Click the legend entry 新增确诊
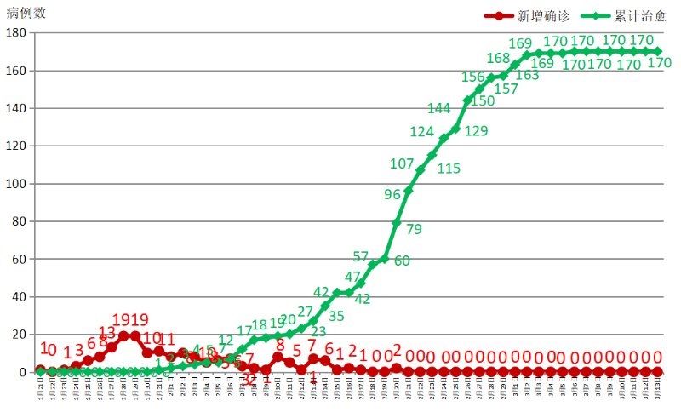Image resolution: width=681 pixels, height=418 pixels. point(543,16)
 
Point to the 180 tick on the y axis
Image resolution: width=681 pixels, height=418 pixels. point(15,33)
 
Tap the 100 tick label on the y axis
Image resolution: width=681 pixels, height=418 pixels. point(15,184)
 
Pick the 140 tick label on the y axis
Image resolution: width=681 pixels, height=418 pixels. point(15,109)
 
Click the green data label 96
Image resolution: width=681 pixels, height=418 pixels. point(392,195)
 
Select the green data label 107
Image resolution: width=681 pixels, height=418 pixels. point(402,164)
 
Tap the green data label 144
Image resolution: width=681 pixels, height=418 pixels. point(439,108)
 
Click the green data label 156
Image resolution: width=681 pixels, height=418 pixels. point(473,77)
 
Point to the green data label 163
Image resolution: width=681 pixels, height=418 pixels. point(528,75)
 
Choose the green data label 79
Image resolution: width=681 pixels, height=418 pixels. point(415,229)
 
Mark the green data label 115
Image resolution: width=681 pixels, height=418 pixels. point(449,169)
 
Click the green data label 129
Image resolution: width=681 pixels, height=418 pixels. point(477,130)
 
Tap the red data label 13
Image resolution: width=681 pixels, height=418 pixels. point(107,332)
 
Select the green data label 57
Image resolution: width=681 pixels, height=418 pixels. point(360,257)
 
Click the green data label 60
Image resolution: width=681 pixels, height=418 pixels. point(402,261)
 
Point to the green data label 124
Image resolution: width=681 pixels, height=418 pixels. point(422,132)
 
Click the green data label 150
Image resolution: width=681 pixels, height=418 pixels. point(483,100)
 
